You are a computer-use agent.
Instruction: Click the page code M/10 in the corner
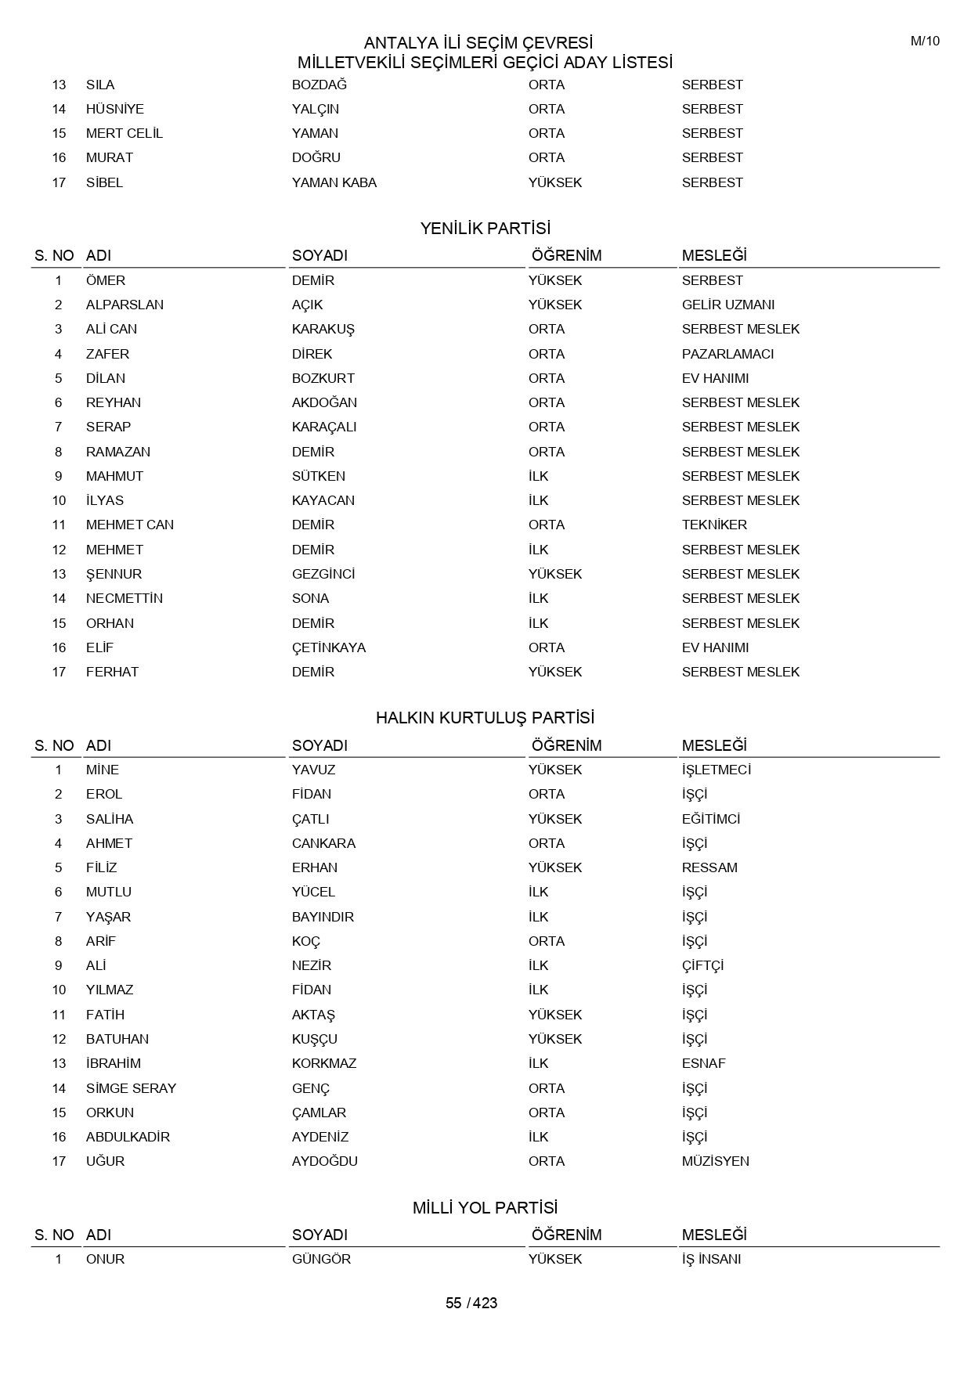click(924, 41)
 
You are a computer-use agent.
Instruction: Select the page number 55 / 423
click(471, 1303)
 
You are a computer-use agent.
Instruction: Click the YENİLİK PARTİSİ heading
click(485, 229)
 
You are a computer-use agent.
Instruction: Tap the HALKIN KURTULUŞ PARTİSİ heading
click(485, 718)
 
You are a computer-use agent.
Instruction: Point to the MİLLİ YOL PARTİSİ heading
click(485, 1207)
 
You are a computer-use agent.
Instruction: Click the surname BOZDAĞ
click(319, 85)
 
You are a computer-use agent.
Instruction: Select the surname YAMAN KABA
click(334, 182)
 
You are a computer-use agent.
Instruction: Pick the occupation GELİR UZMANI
click(727, 305)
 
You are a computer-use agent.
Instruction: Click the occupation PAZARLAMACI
click(727, 354)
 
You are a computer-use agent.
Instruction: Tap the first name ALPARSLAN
click(125, 305)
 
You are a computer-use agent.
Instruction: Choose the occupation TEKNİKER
click(714, 525)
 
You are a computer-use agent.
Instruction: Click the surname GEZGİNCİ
click(323, 574)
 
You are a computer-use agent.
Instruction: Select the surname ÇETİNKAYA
click(328, 647)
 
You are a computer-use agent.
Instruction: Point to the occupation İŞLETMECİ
click(716, 770)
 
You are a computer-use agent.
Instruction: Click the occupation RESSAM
click(709, 867)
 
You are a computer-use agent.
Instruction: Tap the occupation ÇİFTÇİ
click(702, 965)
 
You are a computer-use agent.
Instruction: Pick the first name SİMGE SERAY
click(131, 1088)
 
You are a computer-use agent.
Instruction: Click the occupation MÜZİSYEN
click(715, 1161)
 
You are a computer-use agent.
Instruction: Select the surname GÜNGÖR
click(321, 1259)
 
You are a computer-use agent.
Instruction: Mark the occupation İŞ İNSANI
click(711, 1259)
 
